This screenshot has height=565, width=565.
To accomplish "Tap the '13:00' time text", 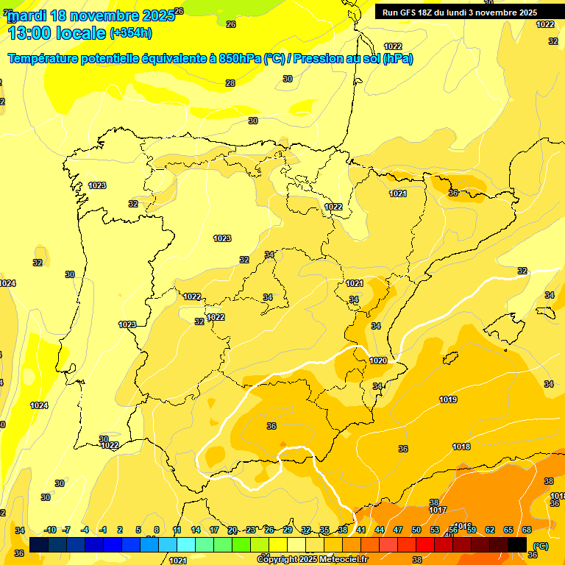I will [x=30, y=32].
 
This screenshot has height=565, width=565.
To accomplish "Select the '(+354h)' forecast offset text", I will [x=131, y=32].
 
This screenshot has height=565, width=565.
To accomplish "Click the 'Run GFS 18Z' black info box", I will [x=469, y=12].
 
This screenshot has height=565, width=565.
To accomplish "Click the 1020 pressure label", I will [x=378, y=360].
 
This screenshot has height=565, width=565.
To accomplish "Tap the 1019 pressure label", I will [x=448, y=399].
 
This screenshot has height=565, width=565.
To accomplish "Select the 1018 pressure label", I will [x=461, y=447].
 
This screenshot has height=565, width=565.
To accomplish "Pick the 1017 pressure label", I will [x=438, y=510].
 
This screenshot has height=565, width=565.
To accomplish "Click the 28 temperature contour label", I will [x=230, y=83].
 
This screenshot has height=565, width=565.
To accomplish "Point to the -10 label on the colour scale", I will [x=50, y=530].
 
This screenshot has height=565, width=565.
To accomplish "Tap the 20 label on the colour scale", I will [x=232, y=530].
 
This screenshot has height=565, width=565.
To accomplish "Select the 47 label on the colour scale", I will [x=397, y=530].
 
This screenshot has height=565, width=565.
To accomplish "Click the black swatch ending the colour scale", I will [x=517, y=544].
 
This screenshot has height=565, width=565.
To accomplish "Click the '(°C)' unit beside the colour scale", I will [x=540, y=546].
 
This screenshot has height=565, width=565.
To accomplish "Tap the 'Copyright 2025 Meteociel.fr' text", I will [x=312, y=559].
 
